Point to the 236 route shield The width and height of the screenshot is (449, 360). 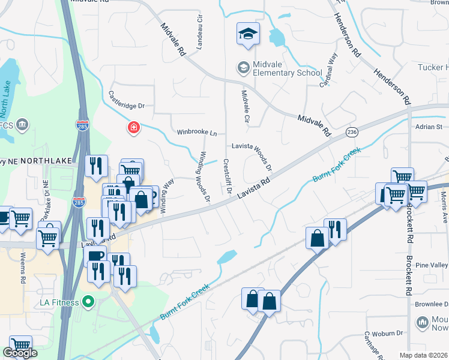click(x=352, y=131)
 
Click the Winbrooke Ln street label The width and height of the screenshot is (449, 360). click(x=196, y=131)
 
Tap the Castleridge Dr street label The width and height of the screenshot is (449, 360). click(x=127, y=101)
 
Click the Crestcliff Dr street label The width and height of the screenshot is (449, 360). click(x=228, y=176)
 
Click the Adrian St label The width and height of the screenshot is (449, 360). click(x=429, y=127)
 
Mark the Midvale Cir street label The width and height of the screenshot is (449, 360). click(x=245, y=107)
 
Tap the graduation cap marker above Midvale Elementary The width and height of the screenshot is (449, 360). click(x=247, y=35)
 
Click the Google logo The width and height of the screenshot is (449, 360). click(x=19, y=353)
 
